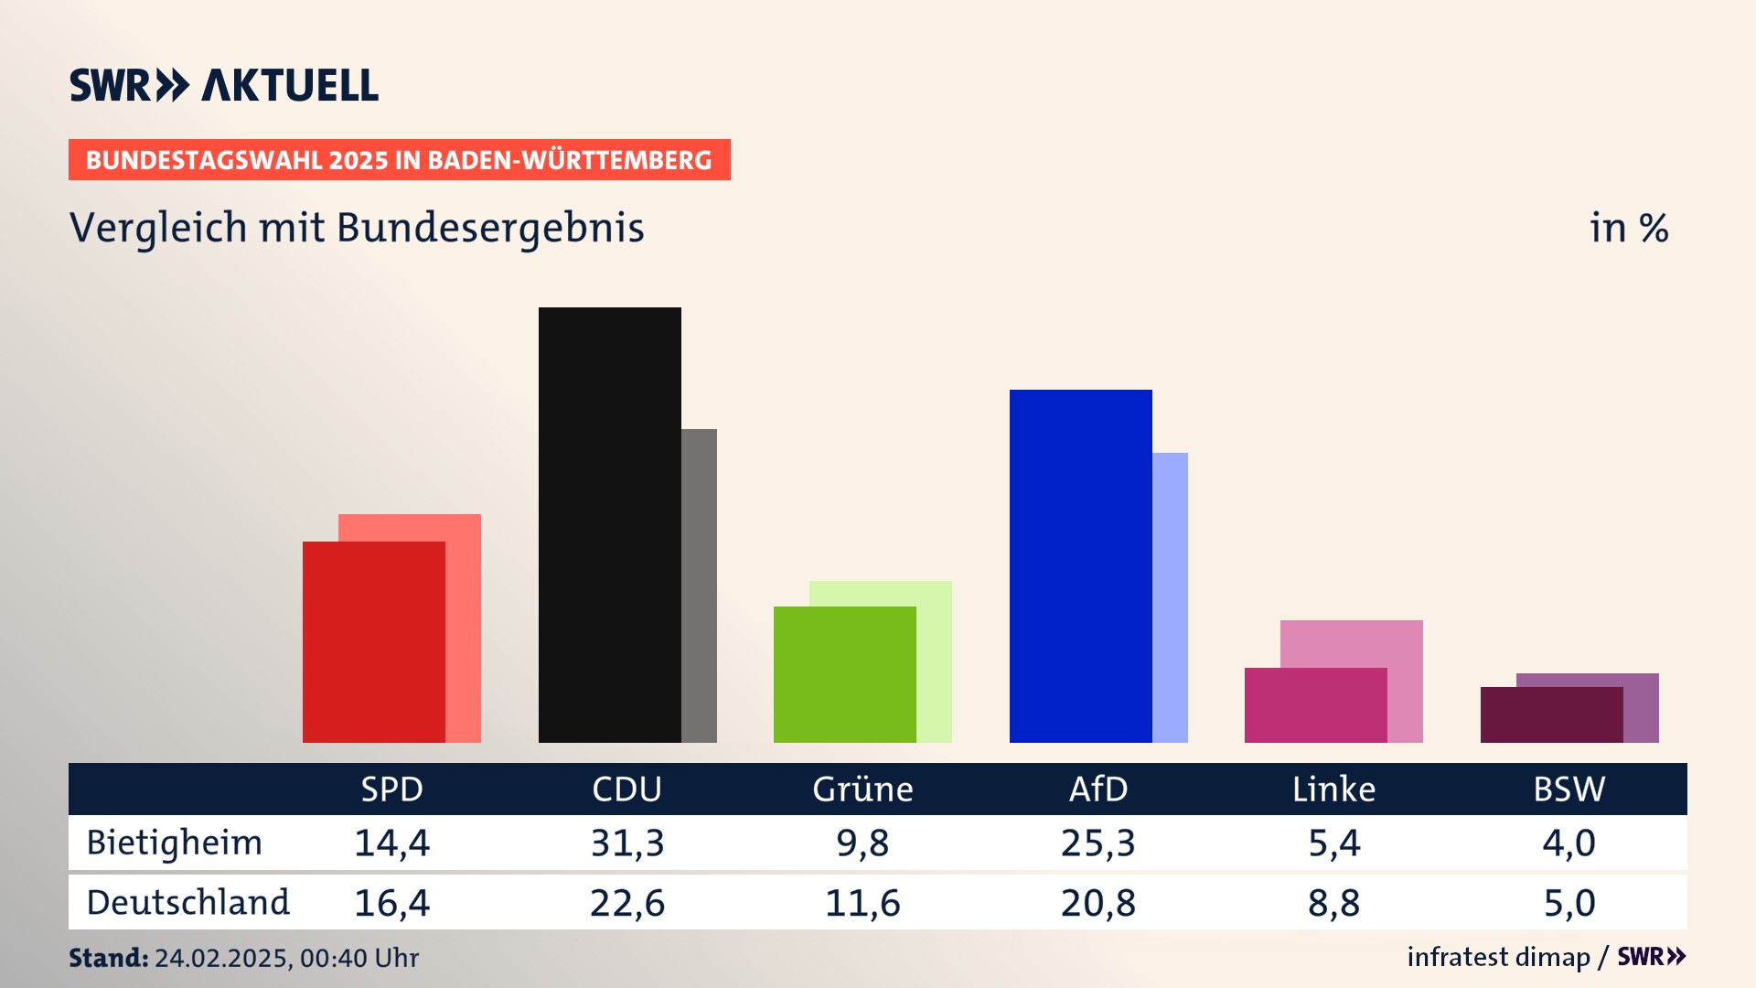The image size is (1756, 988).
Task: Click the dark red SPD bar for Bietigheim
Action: tap(373, 641)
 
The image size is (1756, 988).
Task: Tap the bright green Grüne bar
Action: tap(844, 674)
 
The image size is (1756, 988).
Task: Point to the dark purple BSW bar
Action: tap(1551, 714)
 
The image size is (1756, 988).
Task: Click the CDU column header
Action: tap(626, 789)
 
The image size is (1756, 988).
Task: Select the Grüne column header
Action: tap(862, 789)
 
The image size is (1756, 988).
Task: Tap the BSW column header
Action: tap(1569, 789)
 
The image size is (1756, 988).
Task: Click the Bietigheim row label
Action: tap(174, 843)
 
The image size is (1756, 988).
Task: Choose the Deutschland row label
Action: tap(187, 903)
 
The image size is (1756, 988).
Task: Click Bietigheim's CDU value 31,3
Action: tap(626, 843)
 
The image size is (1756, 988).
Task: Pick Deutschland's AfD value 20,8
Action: tap(1097, 903)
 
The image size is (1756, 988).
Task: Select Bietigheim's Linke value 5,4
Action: tap(1333, 843)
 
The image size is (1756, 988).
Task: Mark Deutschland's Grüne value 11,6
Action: tap(862, 903)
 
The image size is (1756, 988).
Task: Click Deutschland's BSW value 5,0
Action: tap(1569, 903)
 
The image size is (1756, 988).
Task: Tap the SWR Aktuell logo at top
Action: tap(223, 85)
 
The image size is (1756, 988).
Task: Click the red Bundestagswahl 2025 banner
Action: tap(399, 160)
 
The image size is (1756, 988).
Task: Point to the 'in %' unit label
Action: tap(1628, 228)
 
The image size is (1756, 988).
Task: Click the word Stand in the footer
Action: tap(108, 958)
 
